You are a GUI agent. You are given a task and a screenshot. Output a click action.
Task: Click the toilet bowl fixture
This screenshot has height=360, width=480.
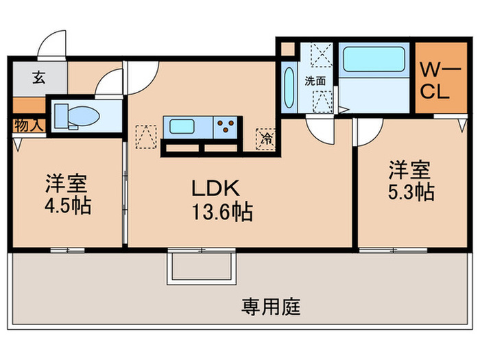point(77,117)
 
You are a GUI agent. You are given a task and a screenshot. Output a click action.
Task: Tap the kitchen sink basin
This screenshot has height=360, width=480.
point(182,127)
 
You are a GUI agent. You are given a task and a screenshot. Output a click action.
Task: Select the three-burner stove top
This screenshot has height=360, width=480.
point(226,127)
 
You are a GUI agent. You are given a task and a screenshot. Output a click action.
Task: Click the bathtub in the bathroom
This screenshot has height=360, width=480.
point(374,60)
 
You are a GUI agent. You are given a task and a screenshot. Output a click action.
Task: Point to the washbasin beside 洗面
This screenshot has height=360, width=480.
point(289,88)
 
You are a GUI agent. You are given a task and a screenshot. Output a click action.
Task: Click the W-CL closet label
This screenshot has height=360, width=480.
point(438,80)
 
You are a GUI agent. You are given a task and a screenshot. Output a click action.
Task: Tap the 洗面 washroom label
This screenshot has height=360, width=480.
point(315,81)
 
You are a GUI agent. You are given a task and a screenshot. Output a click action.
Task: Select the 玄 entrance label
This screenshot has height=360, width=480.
point(39,77)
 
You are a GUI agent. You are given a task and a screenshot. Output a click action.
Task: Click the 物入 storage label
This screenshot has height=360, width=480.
point(29,125)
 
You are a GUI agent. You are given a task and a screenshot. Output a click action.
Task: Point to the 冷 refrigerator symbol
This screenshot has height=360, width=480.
point(266,139)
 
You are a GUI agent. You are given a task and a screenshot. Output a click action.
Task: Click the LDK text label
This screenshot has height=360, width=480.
point(215,188)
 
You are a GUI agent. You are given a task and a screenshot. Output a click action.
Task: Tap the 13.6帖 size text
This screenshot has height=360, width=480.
point(222,212)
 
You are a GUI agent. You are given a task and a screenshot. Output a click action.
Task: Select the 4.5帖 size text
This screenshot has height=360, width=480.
point(68,206)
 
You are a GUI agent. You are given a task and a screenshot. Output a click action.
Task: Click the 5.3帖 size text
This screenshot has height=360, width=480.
point(411,192)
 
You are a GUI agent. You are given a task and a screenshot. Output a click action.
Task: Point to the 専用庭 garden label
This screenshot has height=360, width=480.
point(272,307)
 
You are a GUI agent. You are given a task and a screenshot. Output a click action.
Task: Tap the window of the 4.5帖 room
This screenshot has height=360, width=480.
point(68,250)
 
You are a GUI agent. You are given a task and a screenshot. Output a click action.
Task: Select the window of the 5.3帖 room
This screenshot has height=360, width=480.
point(393,250)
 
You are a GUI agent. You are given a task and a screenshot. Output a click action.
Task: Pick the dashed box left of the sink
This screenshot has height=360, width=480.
point(146,136)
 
